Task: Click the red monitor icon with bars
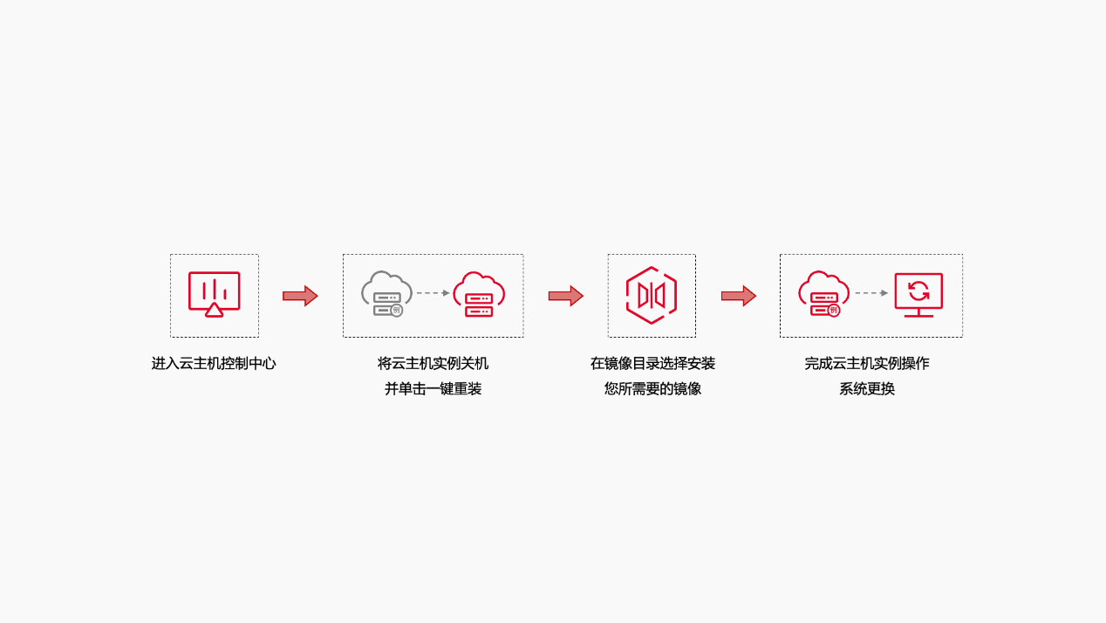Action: click(x=215, y=294)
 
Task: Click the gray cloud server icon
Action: click(x=386, y=293)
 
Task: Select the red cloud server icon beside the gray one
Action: click(x=479, y=294)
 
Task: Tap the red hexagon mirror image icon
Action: click(x=652, y=296)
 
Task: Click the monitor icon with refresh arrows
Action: click(x=918, y=295)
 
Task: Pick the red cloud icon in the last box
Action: click(x=824, y=293)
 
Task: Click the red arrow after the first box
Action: click(x=300, y=296)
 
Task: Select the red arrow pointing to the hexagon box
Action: click(x=566, y=296)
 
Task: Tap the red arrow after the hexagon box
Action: click(x=739, y=296)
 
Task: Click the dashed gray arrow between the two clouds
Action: click(x=433, y=293)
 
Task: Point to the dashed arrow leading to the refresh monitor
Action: click(x=871, y=293)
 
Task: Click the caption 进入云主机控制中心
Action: click(x=214, y=364)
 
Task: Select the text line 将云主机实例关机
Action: click(x=433, y=364)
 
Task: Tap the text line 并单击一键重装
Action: click(x=433, y=389)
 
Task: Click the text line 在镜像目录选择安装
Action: click(x=652, y=364)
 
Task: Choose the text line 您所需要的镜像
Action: click(x=652, y=389)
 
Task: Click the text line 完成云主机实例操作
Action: click(x=867, y=364)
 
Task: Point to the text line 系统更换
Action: click(x=867, y=389)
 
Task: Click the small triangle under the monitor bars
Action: click(x=215, y=311)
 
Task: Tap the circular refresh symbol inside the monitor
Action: click(x=918, y=291)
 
